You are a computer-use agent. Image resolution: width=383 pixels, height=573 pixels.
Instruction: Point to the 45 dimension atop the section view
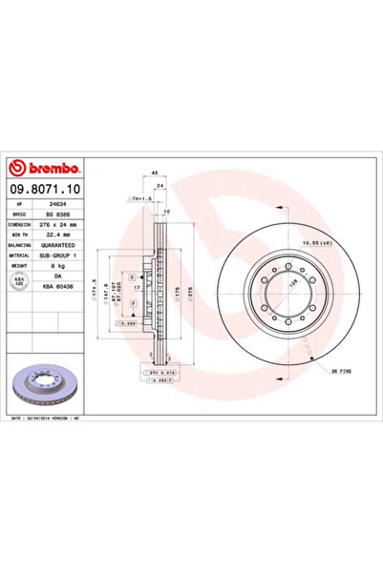(155, 173)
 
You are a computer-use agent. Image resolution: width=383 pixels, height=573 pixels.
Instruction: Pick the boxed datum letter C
(131, 276)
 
